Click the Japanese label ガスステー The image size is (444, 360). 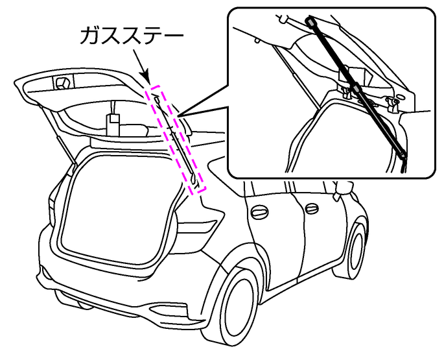pyautogui.click(x=134, y=35)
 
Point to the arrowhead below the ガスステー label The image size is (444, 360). pyautogui.click(x=148, y=77)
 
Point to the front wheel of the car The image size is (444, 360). pyautogui.click(x=355, y=250)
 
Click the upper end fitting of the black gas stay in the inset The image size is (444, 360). pyautogui.click(x=312, y=23)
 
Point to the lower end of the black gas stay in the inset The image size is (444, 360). pyautogui.click(x=403, y=156)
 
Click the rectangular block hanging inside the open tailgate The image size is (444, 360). pyautogui.click(x=113, y=121)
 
